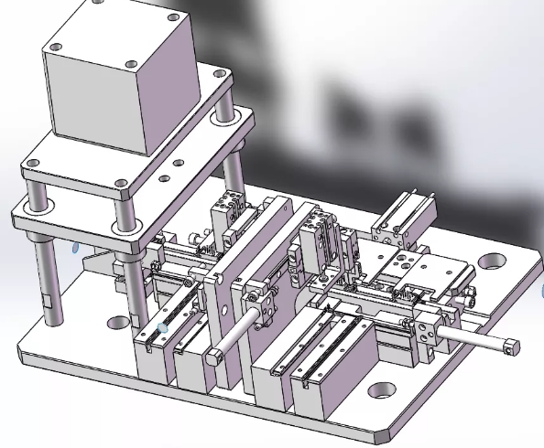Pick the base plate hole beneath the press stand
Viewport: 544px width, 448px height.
(x=117, y=322)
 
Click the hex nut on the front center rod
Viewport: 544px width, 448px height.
(x=215, y=356)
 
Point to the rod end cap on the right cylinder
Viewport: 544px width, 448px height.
(x=509, y=347)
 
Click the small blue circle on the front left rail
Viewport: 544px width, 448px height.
(x=163, y=327)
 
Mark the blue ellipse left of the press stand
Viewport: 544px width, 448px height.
(x=74, y=247)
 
